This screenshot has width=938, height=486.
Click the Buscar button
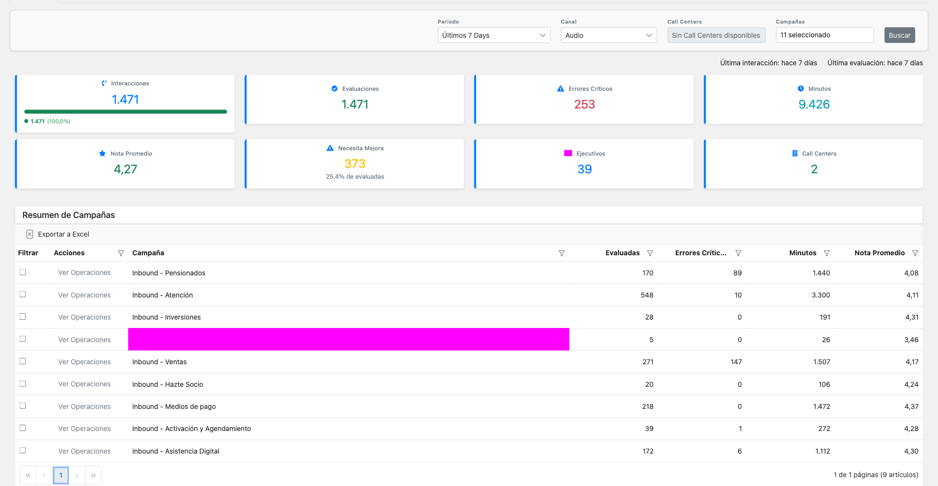(899, 35)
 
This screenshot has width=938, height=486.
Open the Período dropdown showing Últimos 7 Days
(493, 35)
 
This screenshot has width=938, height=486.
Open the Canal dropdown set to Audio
(608, 35)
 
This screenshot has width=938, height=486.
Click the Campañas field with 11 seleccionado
(824, 35)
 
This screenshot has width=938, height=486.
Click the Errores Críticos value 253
(584, 105)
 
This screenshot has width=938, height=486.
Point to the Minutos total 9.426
(814, 105)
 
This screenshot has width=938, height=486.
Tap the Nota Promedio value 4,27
(125, 169)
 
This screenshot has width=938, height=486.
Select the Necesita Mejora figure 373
(355, 164)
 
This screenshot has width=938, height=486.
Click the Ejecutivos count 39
(584, 169)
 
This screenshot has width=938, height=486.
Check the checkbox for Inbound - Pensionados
(23, 272)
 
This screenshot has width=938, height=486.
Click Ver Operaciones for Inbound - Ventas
(84, 362)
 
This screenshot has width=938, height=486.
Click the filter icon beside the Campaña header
(562, 253)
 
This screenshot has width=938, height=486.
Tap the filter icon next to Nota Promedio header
(915, 253)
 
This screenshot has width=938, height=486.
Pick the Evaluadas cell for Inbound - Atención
(646, 295)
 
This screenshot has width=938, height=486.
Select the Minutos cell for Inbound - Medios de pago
(821, 406)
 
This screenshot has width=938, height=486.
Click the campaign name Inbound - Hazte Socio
(167, 384)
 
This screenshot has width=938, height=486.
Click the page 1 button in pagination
(61, 475)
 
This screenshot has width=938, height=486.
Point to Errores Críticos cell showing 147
(736, 362)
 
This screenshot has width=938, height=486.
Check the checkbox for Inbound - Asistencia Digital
(23, 450)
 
